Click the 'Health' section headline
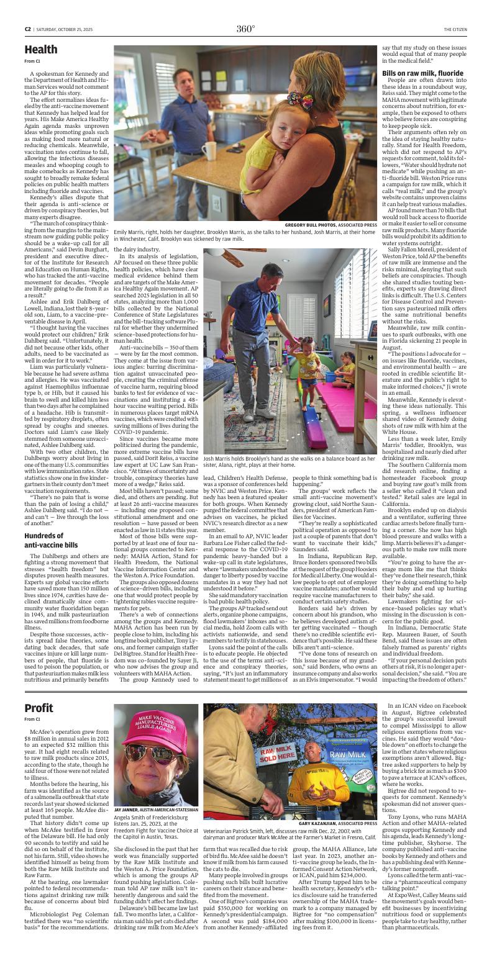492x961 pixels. (41, 50)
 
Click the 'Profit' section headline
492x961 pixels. (39, 708)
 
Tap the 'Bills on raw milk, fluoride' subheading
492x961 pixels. (422, 73)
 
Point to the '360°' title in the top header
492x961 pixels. (245, 29)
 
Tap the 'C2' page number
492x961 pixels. (28, 29)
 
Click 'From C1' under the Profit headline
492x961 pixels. (32, 719)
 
